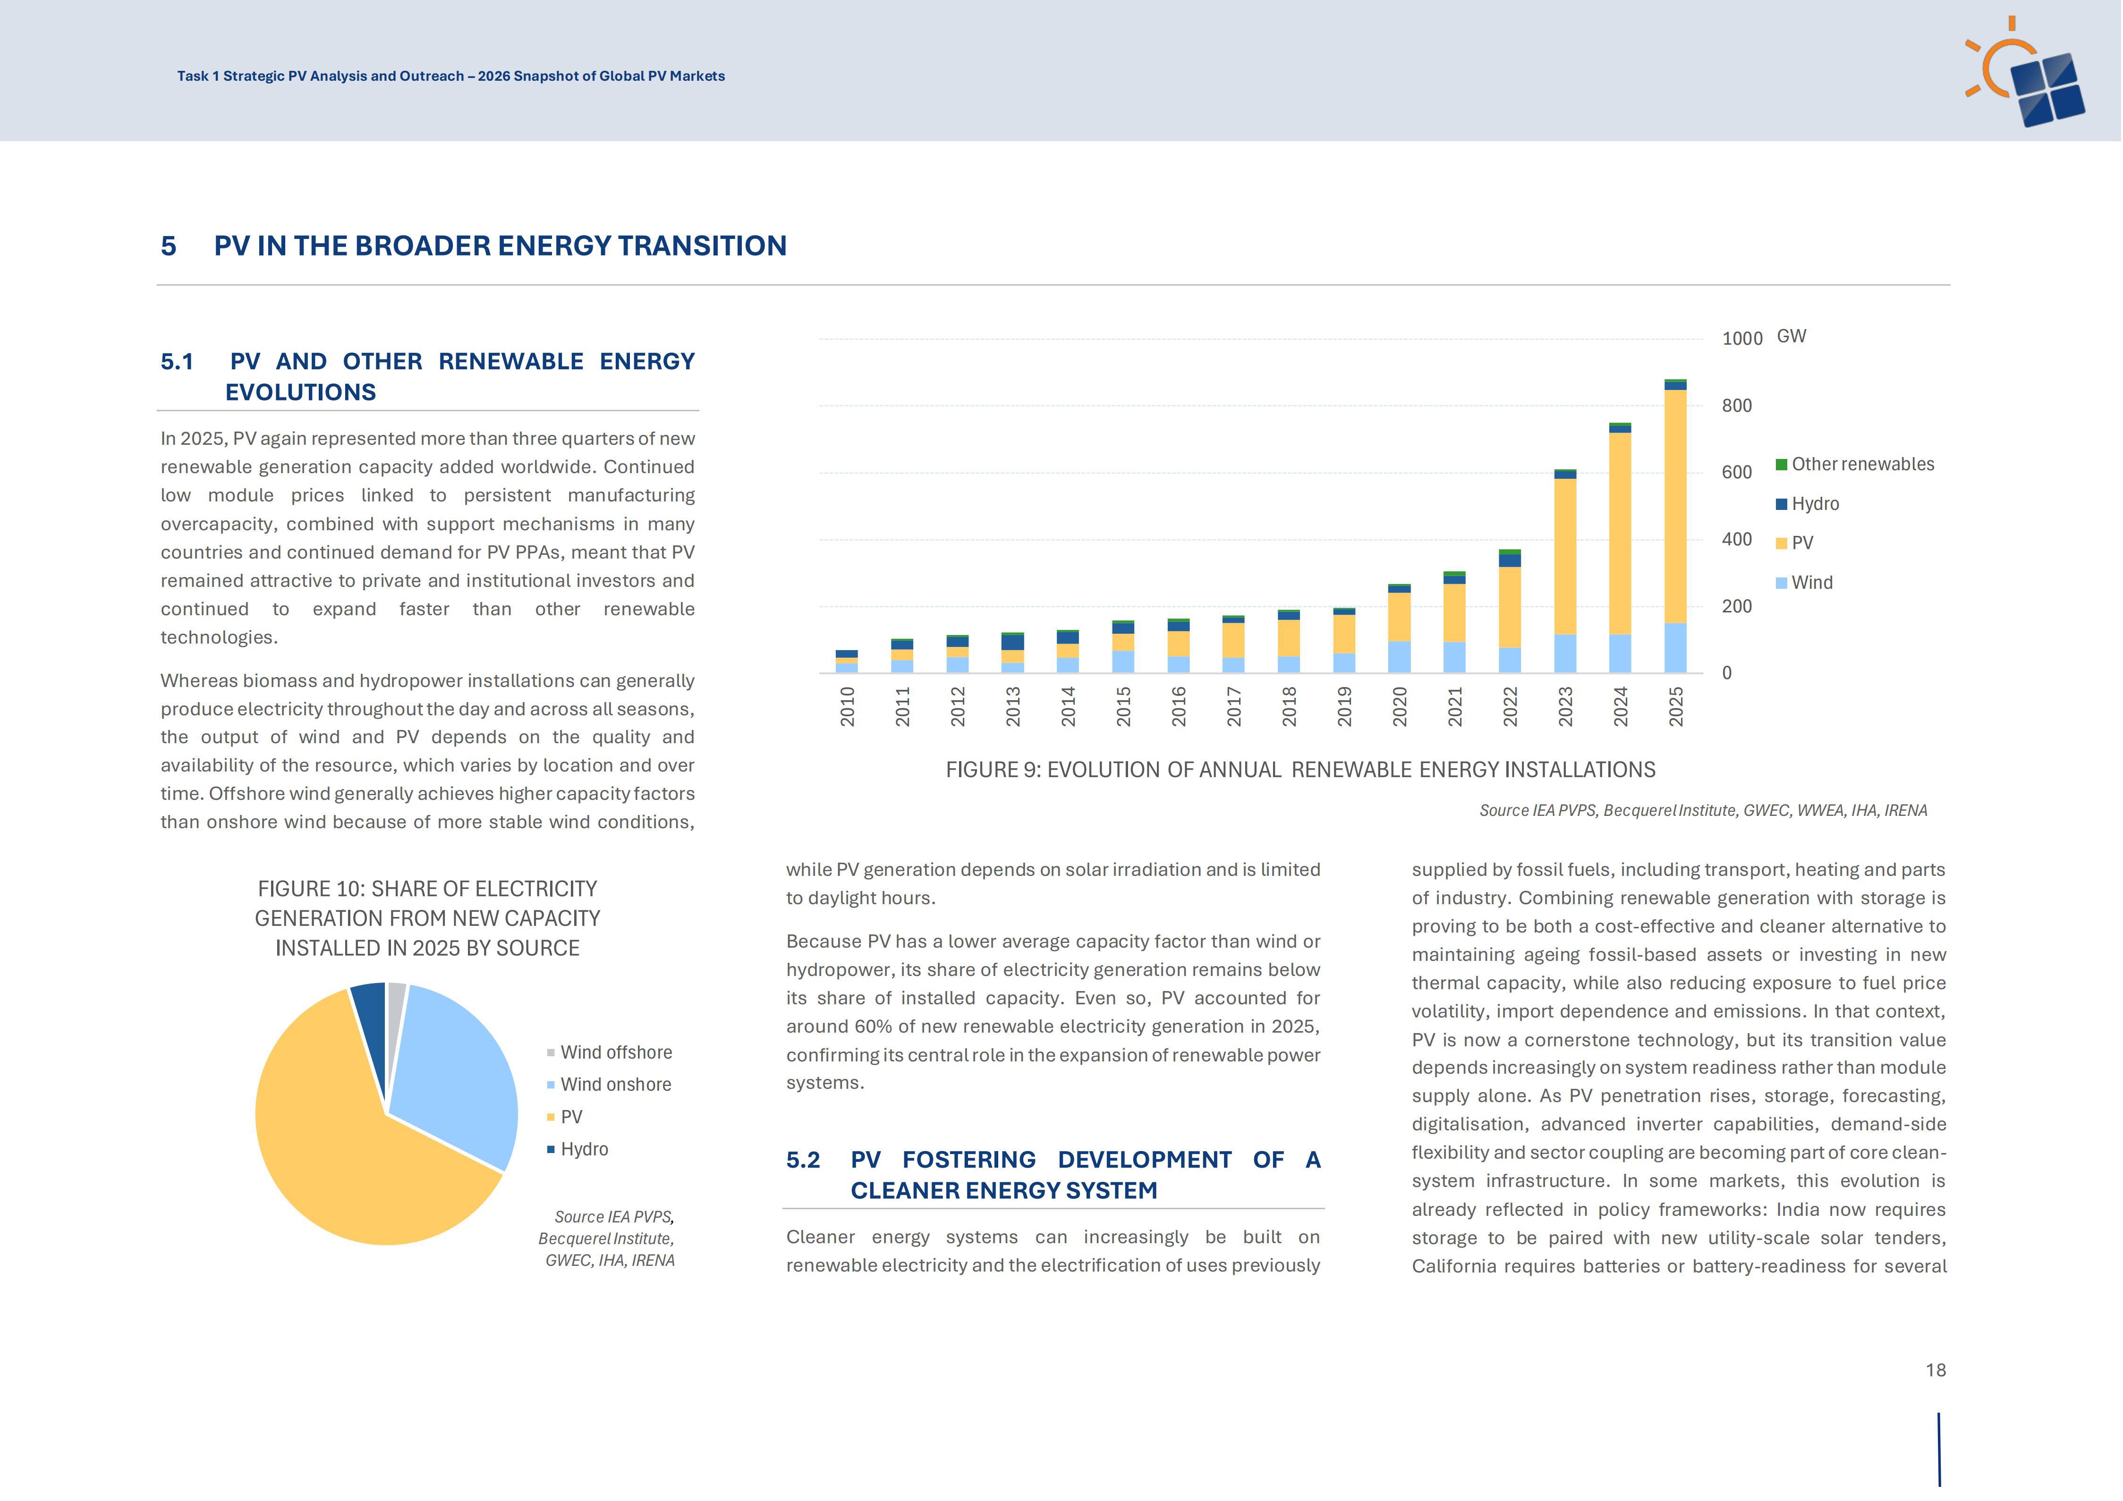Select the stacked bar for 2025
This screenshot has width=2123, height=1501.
[x=1675, y=526]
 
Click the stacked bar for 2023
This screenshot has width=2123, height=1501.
[x=1565, y=571]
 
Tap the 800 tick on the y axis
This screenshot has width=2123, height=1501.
[x=1736, y=406]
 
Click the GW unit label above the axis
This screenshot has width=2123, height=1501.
[x=1791, y=337]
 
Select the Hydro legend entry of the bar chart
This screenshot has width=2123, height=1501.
[x=1808, y=504]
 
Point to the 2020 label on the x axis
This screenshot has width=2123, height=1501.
[x=1400, y=706]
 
